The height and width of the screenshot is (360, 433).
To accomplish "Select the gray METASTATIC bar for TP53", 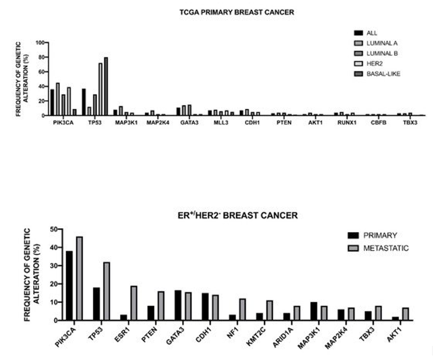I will (107, 291).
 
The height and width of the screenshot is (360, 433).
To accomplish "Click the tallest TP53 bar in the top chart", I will (106, 86).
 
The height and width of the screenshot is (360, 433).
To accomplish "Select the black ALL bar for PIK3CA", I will (52, 103).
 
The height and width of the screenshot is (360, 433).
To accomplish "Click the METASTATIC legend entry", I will (386, 248).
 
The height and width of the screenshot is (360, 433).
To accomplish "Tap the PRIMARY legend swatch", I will (354, 235).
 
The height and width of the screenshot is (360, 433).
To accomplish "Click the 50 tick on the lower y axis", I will (53, 229).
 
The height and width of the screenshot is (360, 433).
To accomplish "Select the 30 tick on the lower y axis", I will (53, 266).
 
